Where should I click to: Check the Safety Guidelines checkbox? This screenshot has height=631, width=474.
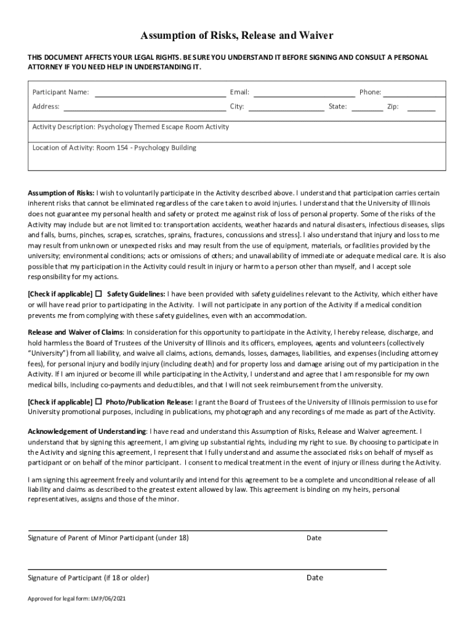pyautogui.click(x=98, y=293)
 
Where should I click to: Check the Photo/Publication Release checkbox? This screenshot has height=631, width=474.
pyautogui.click(x=98, y=402)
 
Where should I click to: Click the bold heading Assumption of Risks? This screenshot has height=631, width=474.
pyautogui.click(x=61, y=192)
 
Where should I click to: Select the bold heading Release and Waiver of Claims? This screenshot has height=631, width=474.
pyautogui.click(x=75, y=332)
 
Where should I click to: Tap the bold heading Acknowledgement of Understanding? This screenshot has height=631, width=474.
pyautogui.click(x=87, y=431)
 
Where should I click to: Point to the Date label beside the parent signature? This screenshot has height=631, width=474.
pyautogui.click(x=314, y=538)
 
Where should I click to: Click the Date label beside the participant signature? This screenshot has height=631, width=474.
pyautogui.click(x=315, y=578)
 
